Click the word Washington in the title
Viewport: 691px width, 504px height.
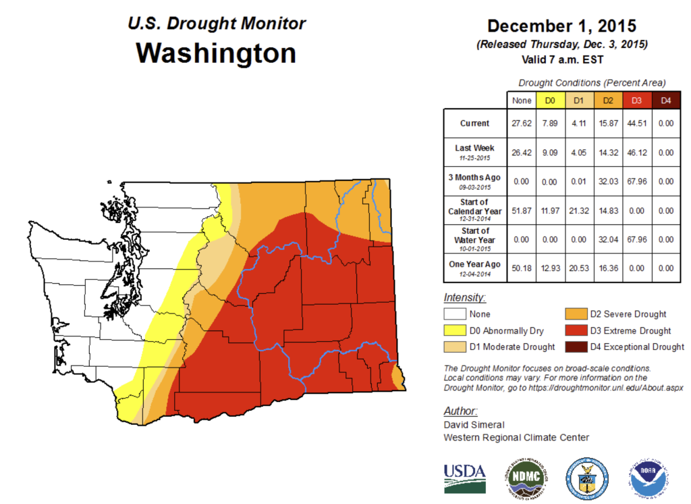(x=216, y=53)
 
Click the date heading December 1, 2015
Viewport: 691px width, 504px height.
(x=561, y=26)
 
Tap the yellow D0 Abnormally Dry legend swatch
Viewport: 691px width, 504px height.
(x=456, y=331)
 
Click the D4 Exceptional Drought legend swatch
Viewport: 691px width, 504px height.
(x=575, y=347)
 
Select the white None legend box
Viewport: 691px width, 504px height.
(x=456, y=314)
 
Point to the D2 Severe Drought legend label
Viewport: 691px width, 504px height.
(x=628, y=314)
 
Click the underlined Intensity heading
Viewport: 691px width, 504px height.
(x=465, y=297)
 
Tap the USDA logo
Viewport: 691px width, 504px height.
(x=465, y=477)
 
